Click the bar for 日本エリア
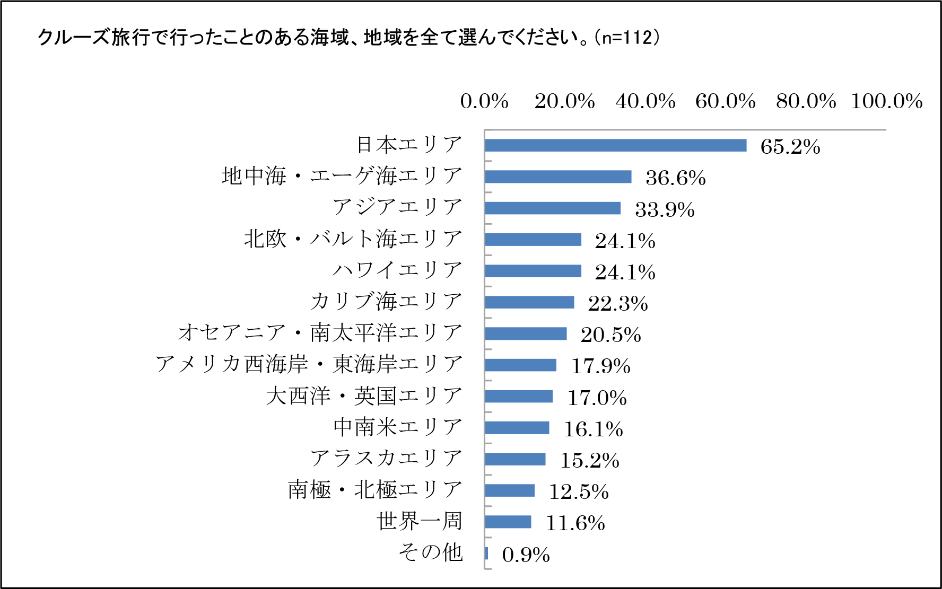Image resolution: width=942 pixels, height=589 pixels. point(615,145)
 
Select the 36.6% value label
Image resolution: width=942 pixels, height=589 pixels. point(675,178)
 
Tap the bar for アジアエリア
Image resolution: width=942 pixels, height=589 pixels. point(552,208)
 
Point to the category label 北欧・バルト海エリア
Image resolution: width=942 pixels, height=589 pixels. point(353,239)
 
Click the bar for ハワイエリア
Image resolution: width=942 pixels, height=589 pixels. point(533,271)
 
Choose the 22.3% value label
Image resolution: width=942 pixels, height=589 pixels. point(618,304)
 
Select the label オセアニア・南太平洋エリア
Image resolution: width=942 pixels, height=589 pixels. point(320,333)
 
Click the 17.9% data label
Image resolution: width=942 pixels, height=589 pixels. point(600,366)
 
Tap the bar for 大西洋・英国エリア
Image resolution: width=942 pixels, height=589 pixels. point(518,397)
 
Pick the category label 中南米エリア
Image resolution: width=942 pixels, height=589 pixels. point(398,427)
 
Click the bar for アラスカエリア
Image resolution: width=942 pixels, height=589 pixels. point(514,459)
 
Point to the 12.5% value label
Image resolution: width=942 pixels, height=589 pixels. point(578,492)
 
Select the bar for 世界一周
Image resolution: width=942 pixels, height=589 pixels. point(508,522)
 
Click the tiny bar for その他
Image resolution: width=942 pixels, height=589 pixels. point(486,553)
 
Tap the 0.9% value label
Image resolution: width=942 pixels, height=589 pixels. point(526,555)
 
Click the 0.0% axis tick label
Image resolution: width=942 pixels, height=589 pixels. point(484,101)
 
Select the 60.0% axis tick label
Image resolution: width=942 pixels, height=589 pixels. point(725,101)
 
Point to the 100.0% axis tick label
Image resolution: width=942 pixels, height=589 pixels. point(886,101)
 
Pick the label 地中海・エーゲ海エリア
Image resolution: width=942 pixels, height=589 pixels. point(342,176)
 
